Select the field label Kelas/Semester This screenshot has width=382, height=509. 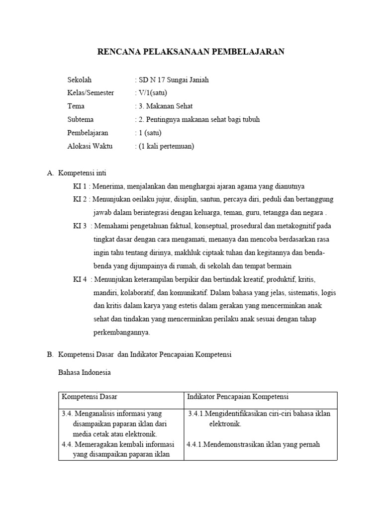[x=91, y=93]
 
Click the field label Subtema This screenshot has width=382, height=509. [x=80, y=119]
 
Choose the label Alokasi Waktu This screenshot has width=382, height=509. [x=90, y=146]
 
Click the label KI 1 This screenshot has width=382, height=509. [x=80, y=186]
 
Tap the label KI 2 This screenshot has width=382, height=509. [x=80, y=199]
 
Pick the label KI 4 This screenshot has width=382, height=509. [x=80, y=279]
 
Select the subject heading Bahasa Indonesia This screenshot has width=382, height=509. [x=84, y=372]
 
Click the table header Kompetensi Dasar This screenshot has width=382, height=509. [x=89, y=396]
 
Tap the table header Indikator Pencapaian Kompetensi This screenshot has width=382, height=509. [x=238, y=396]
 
